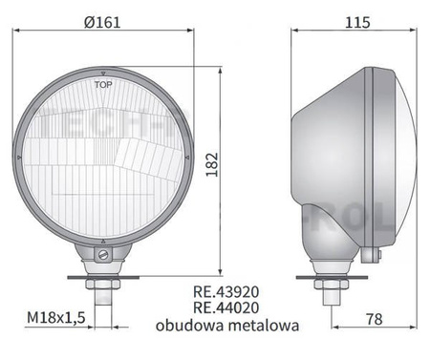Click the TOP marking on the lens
click(x=103, y=86)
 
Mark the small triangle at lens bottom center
click(x=103, y=240)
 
